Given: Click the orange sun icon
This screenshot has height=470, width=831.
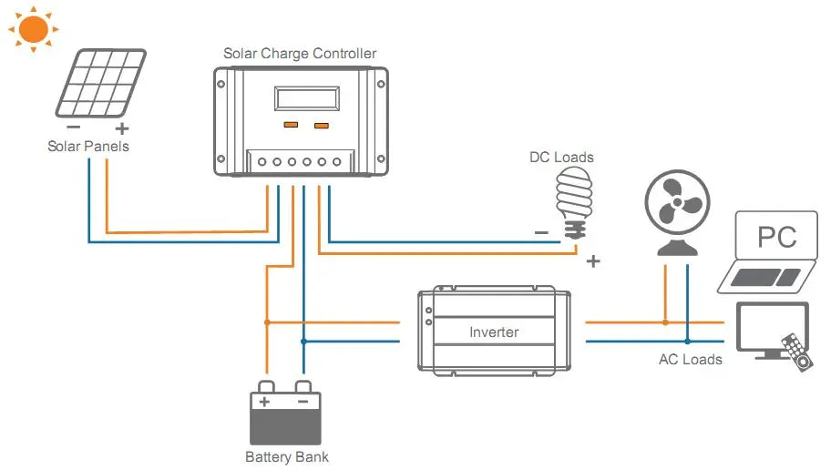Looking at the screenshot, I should (33, 29).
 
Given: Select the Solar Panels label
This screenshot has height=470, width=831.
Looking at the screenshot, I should (88, 146).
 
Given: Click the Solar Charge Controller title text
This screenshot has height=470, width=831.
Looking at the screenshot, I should (300, 54).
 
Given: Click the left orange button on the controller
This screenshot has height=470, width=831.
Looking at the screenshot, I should (290, 125).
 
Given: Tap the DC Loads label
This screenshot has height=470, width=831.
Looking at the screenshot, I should (561, 158).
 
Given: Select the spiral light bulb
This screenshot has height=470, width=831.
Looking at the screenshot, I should (573, 200).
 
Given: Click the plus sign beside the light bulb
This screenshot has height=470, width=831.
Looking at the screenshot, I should (593, 261).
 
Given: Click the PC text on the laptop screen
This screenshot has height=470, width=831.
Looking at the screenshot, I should (777, 238).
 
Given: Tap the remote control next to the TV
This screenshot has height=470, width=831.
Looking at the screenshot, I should (795, 351).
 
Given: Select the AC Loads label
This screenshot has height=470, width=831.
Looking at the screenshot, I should (690, 360).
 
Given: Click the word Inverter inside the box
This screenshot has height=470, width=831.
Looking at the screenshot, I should (494, 332).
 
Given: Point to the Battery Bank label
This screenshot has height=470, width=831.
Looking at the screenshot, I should (287, 456).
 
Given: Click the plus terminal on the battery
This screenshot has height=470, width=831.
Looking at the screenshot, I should (265, 401).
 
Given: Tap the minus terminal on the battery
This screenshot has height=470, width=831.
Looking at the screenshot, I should (303, 401).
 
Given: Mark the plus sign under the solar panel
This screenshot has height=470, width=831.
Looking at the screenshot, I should (122, 129).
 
